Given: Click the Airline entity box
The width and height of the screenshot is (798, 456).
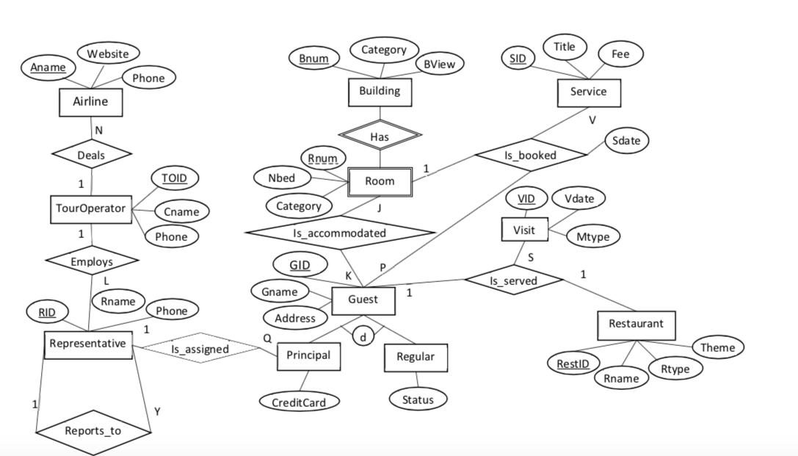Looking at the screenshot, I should coord(90,102).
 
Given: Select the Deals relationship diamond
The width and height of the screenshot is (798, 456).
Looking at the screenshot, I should coord(91,155).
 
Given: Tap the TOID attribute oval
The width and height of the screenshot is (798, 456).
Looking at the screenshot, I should coord(174,178).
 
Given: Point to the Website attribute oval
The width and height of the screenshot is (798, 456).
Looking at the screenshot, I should coord(108,54).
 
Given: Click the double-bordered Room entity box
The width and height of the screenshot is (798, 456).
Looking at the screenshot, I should coord(380,181).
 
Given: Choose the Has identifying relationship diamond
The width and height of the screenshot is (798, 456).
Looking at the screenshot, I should coord(380,136).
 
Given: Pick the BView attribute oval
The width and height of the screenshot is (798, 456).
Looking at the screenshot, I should coord(440,65).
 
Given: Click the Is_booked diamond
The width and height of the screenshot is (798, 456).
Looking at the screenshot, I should coord(531,156).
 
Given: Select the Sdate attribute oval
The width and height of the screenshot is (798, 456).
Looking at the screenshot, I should coord(626,140).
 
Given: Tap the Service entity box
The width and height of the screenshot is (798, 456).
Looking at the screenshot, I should coord(588,92).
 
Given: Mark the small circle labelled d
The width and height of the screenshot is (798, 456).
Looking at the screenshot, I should coord(363,336).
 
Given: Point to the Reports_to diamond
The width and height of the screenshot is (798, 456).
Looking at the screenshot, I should coord(93,431).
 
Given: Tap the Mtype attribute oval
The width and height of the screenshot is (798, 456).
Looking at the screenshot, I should coord(593,236).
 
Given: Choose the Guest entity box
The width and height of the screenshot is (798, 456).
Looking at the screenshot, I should coord(363,300).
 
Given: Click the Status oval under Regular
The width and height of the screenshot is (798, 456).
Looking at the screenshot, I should coord(417,399).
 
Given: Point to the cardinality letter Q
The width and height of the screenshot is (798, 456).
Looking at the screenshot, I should coord(267,339).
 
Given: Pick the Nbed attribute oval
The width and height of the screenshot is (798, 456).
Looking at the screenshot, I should coord(281,178).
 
